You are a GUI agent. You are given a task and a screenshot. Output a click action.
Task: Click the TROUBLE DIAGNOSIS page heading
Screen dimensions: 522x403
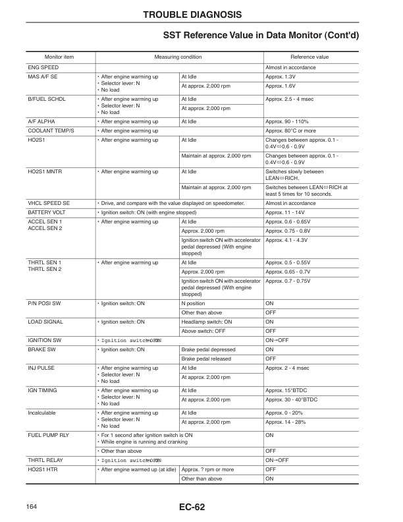pos(201,14)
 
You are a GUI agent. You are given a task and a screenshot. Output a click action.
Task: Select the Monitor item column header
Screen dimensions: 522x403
pos(59,57)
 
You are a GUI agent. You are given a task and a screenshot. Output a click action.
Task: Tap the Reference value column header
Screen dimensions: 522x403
pos(309,57)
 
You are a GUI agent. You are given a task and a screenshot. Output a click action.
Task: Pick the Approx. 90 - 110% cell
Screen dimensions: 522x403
pos(287,121)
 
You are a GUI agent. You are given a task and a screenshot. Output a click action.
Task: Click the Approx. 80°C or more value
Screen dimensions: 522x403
pos(292,130)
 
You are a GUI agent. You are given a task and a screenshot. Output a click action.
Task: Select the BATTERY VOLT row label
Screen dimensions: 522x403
pos(46,213)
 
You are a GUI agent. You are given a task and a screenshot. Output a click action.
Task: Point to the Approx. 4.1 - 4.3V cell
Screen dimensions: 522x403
pos(286,241)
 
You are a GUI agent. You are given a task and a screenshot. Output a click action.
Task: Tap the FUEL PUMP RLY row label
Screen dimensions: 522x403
pos(47,435)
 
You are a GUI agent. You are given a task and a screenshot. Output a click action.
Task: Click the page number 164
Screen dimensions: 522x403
pos(31,506)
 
